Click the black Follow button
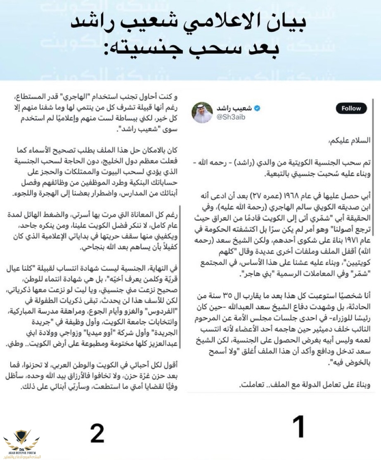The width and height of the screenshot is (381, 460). coord(351,109)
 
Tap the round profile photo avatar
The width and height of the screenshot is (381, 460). coord(202,112)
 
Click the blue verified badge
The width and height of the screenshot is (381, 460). coord(256,109)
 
